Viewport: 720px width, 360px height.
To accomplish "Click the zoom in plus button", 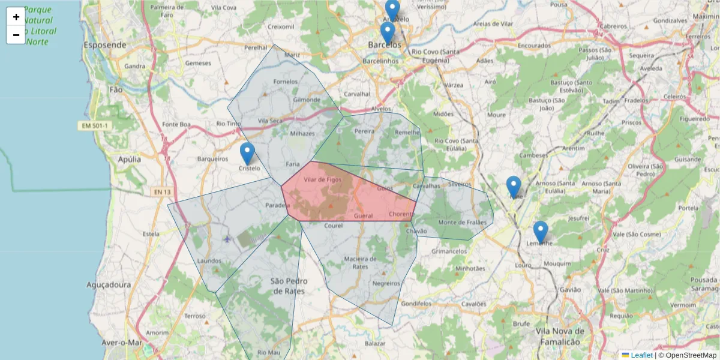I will [16, 17].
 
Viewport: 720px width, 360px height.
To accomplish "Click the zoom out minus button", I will [16, 35].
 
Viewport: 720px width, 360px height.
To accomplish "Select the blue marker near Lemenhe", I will [541, 232].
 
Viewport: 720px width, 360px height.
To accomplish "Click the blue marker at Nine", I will [514, 187].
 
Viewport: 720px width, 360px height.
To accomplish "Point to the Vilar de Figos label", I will [322, 179].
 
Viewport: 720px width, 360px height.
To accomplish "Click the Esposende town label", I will [105, 45].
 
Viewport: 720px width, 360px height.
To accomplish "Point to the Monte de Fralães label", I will [462, 223].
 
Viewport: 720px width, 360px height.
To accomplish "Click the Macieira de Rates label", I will [360, 263].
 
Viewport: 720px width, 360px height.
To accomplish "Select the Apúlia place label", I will [130, 160].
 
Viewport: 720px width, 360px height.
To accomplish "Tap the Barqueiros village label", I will [212, 159].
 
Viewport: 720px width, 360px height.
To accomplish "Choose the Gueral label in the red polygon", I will [364, 215].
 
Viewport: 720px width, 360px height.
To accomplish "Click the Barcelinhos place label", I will [381, 61].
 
